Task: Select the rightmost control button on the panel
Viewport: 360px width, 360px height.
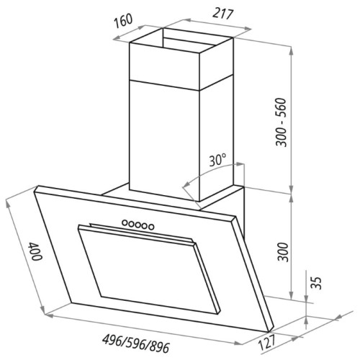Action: (152, 227)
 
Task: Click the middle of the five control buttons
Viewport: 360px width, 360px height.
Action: (138, 225)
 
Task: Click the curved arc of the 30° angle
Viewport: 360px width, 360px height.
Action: (189, 184)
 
